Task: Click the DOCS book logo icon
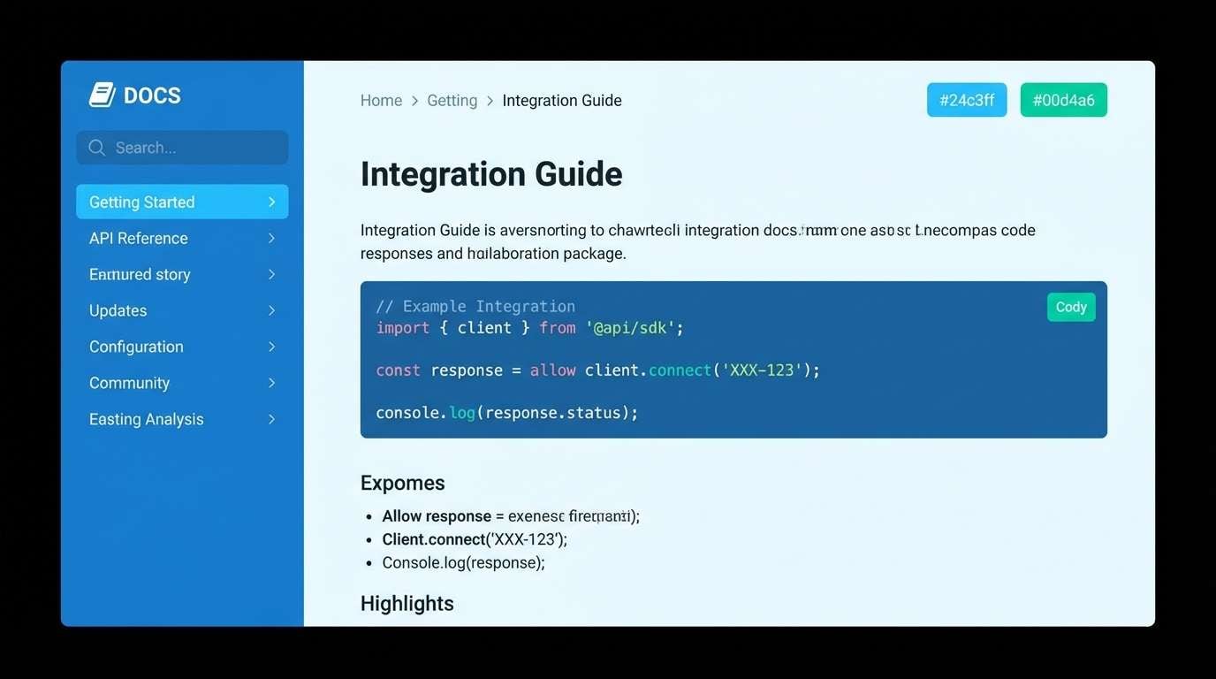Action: coord(103,95)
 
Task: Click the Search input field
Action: coord(182,148)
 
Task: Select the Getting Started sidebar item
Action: coord(182,202)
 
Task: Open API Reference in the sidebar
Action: coord(139,238)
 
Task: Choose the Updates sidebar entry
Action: coord(118,310)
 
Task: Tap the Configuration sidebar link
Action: coord(136,347)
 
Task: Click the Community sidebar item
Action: coord(129,383)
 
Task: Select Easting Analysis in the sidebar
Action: coord(147,419)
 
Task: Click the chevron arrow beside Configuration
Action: coord(271,347)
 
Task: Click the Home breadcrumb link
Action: coord(381,101)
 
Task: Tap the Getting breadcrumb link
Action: coord(452,101)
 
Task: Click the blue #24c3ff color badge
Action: coord(966,100)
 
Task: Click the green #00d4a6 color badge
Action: coord(1063,100)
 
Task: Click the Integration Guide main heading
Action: coord(491,174)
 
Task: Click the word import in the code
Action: coord(402,328)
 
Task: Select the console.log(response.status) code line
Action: coord(506,413)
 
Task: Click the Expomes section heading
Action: coord(402,483)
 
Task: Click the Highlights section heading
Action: coord(407,603)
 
